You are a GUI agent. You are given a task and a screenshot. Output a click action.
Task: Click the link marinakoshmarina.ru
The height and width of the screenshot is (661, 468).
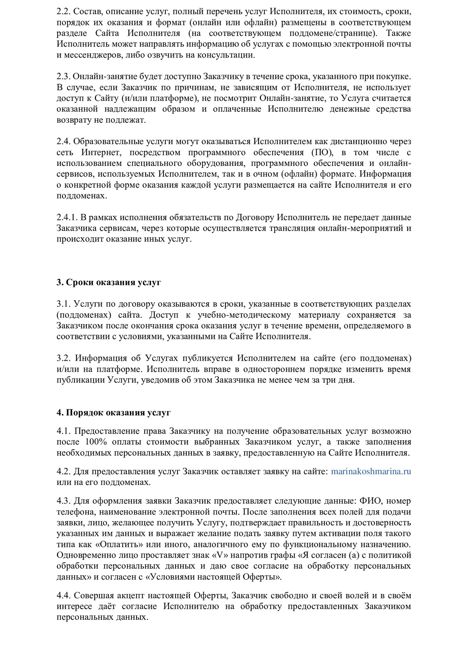[371, 472]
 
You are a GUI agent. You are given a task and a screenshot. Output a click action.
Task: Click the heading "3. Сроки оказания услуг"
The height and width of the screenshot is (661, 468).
[109, 282]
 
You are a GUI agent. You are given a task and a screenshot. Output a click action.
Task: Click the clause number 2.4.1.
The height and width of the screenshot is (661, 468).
[67, 217]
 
